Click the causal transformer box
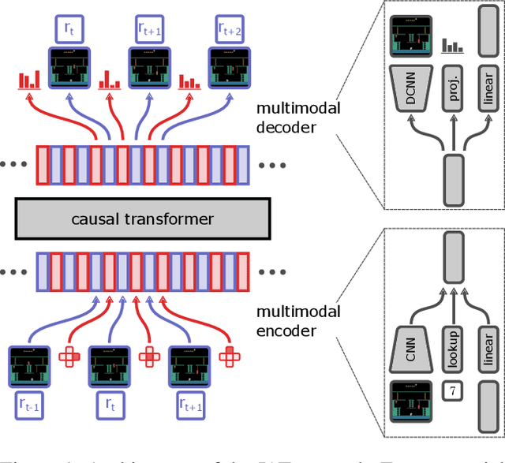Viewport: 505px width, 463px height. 141,218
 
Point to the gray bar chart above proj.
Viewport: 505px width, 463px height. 453,46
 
